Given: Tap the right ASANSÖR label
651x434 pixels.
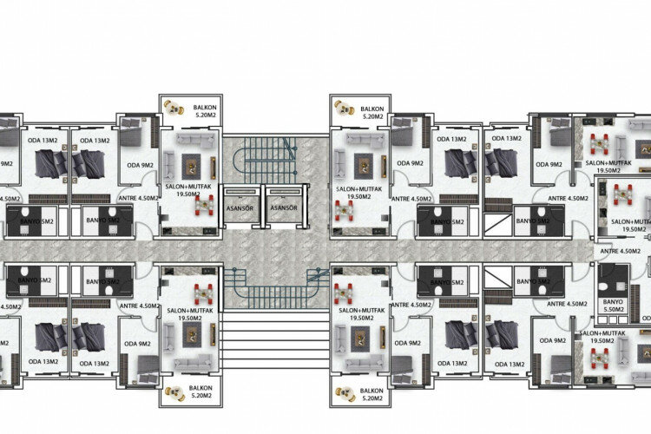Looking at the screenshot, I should [284, 208].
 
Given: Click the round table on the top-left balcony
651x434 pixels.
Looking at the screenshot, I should [174, 108].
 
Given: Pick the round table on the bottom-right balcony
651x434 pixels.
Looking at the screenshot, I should [345, 389].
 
